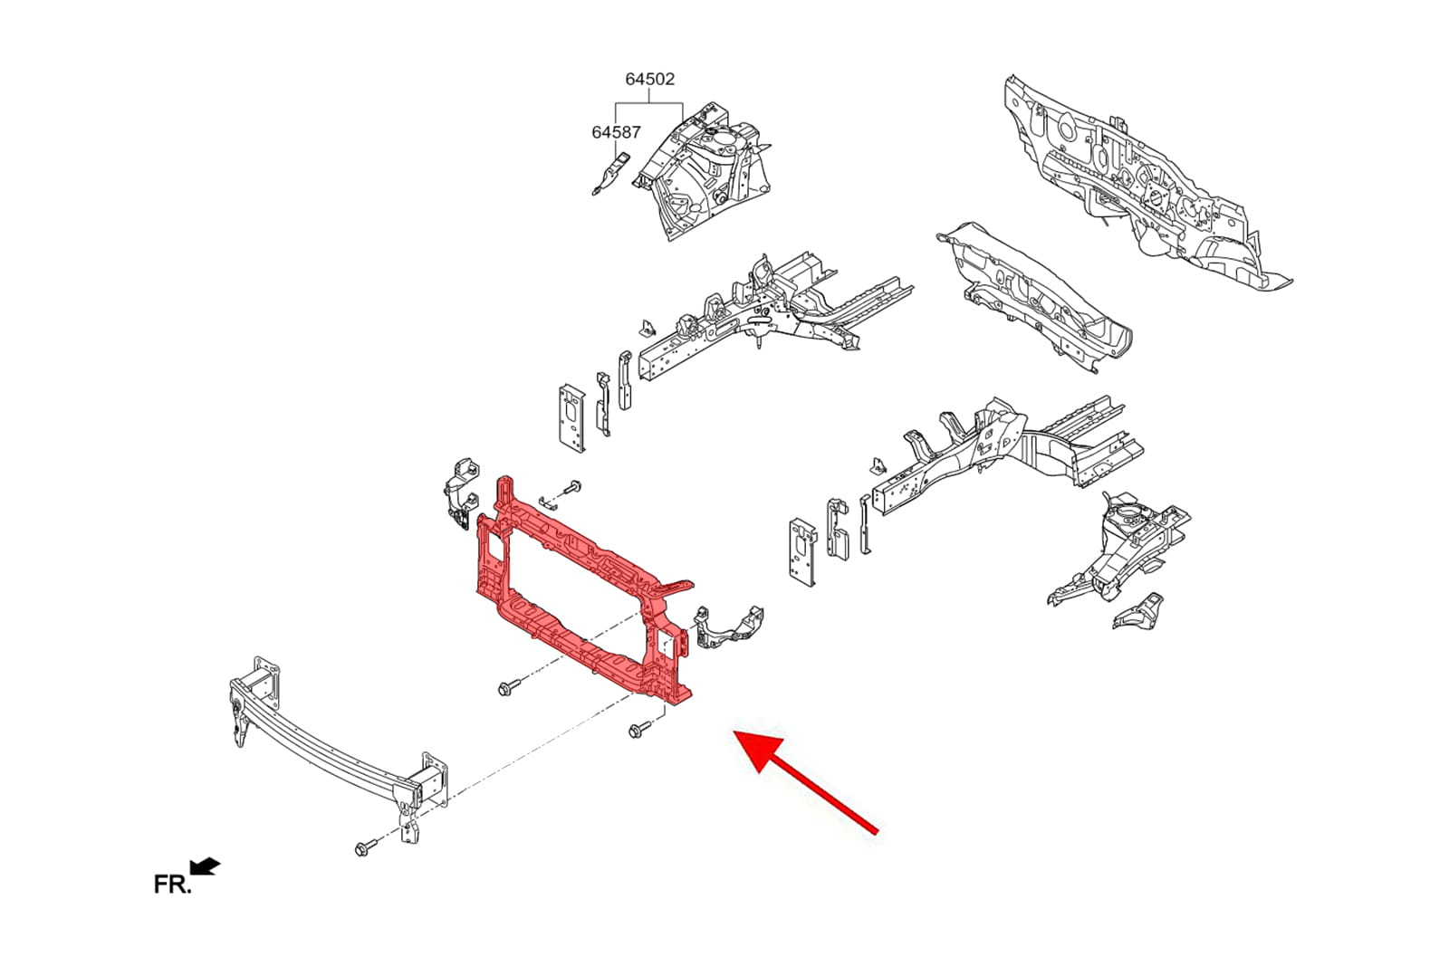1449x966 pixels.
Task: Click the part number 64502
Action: click(x=649, y=79)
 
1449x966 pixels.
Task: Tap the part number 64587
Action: click(x=616, y=132)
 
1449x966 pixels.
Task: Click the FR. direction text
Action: click(x=173, y=884)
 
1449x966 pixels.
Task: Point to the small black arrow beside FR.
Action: click(x=206, y=866)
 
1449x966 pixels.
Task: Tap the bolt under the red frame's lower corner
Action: click(x=638, y=731)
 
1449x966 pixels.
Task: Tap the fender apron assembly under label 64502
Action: click(x=703, y=170)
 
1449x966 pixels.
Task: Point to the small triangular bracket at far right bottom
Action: click(x=1138, y=610)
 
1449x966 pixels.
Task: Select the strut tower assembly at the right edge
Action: click(x=1119, y=550)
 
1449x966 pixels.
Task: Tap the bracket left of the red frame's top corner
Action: click(x=461, y=493)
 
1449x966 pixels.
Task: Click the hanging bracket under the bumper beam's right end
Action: click(x=409, y=823)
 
